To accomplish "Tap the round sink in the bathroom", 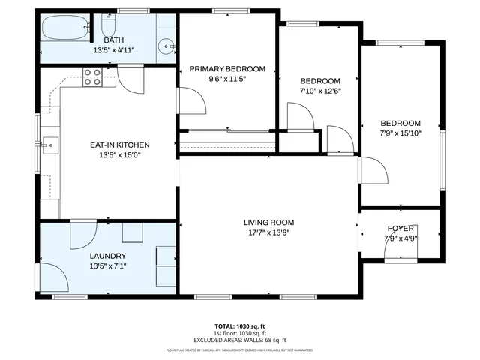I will (164, 46).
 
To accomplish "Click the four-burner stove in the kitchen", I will (91, 77).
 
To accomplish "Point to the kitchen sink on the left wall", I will (49, 144).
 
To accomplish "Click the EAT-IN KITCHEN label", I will (120, 145).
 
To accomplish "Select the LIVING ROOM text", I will (268, 222).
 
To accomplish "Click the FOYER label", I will (400, 229).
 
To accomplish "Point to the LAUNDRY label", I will (108, 256).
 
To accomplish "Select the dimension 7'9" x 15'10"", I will (400, 133).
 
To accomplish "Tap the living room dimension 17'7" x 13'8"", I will (268, 232).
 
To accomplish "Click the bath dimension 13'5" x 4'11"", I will (114, 50).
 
